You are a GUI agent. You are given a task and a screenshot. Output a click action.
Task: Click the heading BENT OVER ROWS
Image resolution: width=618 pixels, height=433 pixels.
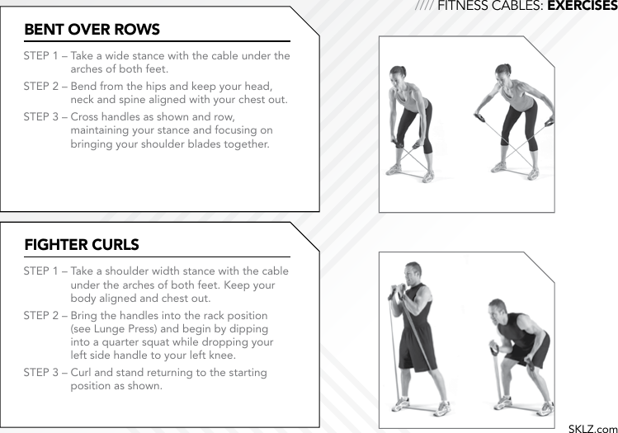coord(92,30)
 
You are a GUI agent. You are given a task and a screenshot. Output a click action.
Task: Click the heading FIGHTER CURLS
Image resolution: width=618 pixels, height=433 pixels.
coord(81,245)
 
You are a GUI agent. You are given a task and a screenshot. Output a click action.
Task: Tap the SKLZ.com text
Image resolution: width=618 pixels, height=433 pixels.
coord(592,427)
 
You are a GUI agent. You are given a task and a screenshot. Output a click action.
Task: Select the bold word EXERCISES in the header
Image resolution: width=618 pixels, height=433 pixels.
coord(582,7)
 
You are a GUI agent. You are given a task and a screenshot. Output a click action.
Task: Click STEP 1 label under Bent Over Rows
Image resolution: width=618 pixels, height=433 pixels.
coord(40,56)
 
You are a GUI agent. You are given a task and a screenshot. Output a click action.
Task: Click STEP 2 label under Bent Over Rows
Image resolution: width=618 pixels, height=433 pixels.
coord(40,86)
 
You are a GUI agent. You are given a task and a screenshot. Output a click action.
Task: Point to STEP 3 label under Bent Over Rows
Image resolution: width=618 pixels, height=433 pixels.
coord(40,116)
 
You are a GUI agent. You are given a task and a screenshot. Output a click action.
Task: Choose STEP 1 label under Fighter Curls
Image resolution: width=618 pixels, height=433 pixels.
coord(40,271)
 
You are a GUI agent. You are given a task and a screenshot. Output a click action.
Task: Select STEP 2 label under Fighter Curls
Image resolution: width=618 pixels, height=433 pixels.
coord(40,316)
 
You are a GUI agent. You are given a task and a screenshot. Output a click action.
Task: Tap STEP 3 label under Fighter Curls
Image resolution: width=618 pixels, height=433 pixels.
coord(40,373)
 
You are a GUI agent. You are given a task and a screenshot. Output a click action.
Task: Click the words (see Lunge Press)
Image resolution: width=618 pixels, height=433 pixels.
coord(113,329)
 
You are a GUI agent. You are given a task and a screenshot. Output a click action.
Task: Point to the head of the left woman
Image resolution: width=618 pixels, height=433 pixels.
coord(399,74)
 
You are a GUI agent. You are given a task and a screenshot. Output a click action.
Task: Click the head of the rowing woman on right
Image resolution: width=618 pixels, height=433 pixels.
coord(501,74)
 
